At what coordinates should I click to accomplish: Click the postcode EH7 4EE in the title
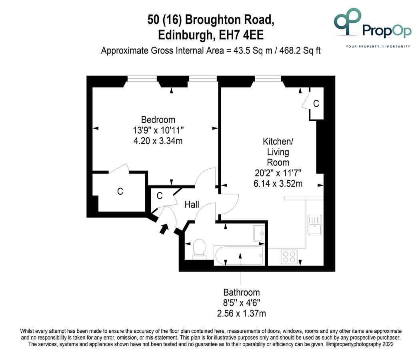pos(241,35)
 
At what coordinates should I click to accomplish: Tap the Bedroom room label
pos(158,120)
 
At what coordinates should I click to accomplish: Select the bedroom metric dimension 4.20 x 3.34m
pos(158,141)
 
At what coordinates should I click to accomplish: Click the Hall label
pos(192,205)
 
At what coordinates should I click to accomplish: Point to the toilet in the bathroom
pos(199,249)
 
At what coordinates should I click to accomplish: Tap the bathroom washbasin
pos(259,233)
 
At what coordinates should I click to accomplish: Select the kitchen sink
pos(315,225)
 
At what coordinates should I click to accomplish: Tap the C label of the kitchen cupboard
pos(316,103)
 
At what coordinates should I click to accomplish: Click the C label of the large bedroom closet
pos(120,191)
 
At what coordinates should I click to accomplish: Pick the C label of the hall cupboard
pos(160,196)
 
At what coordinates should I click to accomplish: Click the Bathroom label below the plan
pos(242,292)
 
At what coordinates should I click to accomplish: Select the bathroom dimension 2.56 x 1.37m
pos(242,313)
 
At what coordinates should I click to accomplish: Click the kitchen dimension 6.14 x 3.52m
pos(278,184)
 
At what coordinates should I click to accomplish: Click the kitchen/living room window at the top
pos(268,78)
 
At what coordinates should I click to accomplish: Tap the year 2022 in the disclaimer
pos(388,344)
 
